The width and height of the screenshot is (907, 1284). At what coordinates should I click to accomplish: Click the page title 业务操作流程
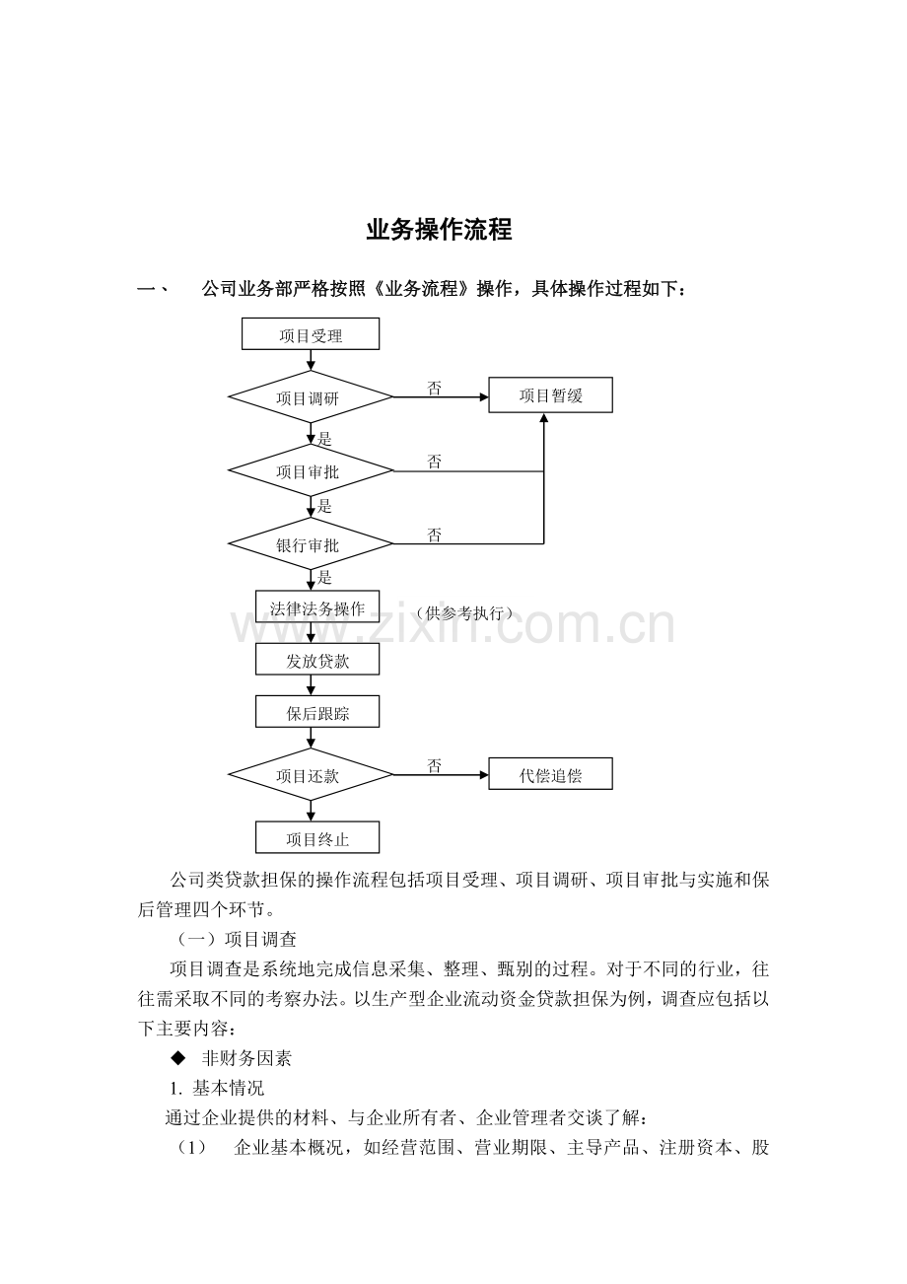pos(439,229)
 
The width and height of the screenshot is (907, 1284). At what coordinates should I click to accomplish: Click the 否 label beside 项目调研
pos(435,389)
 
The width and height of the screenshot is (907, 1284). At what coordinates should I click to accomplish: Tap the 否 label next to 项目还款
pos(435,766)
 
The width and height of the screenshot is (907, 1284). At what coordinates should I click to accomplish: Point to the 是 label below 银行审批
pos(325,577)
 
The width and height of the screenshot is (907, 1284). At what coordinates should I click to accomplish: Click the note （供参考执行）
pos(464,613)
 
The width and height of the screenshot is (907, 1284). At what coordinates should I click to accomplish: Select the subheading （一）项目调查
pos(235,940)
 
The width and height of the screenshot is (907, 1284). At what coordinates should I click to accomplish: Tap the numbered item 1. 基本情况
pos(217,1089)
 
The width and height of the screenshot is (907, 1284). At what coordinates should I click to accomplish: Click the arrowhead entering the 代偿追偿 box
pos(484,775)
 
